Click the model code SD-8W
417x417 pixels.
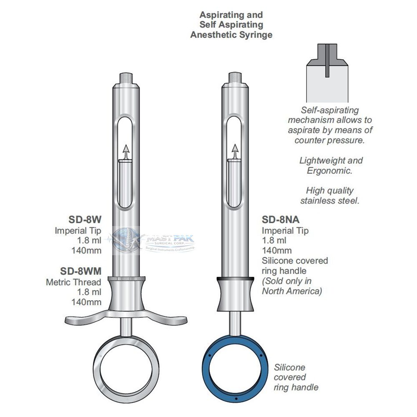coord(85,219)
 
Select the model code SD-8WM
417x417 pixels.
coord(80,271)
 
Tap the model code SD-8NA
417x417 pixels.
coord(281,219)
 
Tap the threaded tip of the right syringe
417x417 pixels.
coord(235,78)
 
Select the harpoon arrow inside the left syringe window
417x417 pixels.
coord(126,153)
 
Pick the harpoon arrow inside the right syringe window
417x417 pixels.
coord(235,152)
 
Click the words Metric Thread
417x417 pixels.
coord(73,282)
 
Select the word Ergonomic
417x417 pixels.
coord(329,171)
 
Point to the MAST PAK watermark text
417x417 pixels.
coord(171,238)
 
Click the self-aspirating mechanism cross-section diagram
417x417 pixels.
coord(327,73)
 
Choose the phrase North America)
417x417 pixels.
coord(292,291)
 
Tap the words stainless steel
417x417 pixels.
coord(330,201)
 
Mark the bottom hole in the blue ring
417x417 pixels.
coord(236,399)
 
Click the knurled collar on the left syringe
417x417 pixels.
coord(126,279)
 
